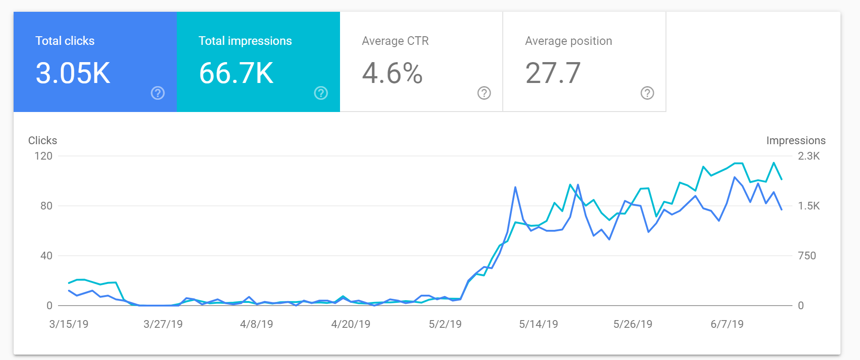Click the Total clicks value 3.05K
(73, 73)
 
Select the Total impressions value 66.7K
(236, 73)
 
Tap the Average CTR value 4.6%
(392, 73)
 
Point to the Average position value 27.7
(553, 73)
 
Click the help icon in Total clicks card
(158, 93)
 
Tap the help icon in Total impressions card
(321, 93)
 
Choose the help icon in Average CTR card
(484, 93)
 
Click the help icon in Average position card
(647, 93)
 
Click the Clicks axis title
(43, 141)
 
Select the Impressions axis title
(796, 141)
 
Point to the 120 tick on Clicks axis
(44, 156)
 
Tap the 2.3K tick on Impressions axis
(809, 156)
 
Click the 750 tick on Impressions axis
(807, 256)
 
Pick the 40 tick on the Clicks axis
(46, 256)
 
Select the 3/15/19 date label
(69, 324)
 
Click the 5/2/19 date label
(445, 324)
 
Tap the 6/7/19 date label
(727, 324)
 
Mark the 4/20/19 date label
(351, 324)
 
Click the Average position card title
(568, 41)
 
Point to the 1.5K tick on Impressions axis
(809, 206)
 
